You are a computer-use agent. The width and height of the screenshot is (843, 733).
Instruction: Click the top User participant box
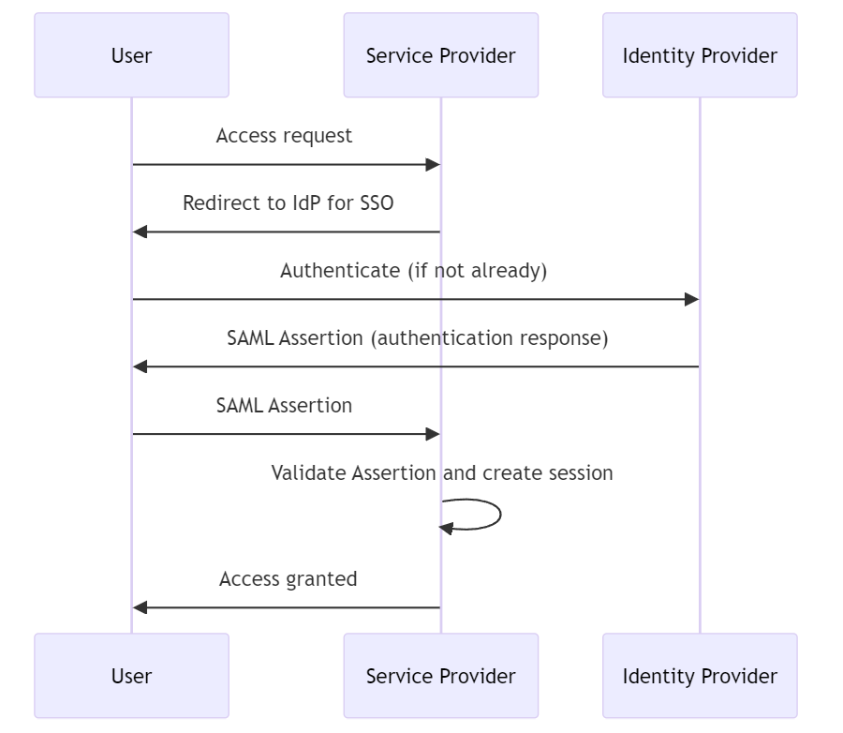131,55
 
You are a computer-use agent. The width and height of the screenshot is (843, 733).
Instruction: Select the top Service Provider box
440,55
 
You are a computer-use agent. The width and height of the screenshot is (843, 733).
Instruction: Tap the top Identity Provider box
700,55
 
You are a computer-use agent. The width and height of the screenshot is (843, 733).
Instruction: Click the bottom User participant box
131,676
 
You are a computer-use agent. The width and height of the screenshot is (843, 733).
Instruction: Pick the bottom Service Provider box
440,676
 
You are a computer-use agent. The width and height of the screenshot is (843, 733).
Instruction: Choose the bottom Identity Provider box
700,676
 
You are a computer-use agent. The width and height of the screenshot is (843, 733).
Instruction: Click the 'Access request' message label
284,136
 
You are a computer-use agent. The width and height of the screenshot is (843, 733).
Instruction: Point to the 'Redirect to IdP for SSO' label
288,203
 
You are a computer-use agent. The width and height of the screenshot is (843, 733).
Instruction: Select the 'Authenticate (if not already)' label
413,271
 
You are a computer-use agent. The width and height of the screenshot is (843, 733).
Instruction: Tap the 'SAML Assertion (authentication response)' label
417,338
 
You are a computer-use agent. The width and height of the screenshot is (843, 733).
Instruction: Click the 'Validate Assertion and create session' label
442,473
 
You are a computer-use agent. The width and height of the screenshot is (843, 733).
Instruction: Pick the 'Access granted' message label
288,579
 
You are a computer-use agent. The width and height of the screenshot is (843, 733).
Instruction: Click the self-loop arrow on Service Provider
498,515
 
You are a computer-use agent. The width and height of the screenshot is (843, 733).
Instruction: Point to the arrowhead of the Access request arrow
433,165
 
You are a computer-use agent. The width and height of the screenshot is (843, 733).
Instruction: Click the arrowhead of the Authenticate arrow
691,300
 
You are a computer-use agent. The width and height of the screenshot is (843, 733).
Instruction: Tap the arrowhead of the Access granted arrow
140,607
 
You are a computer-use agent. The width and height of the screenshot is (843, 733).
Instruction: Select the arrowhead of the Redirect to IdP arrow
140,232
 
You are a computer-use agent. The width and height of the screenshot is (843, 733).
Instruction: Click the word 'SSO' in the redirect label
377,203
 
